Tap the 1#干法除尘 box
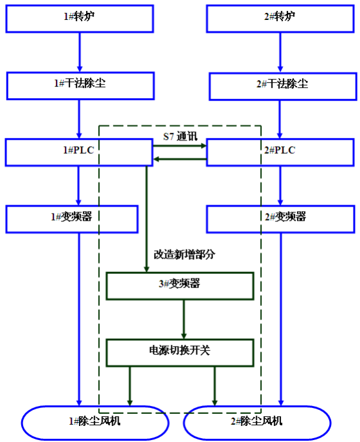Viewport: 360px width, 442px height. pos(80,85)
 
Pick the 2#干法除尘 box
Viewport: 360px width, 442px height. pos(282,85)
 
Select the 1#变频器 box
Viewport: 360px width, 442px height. pos(71,218)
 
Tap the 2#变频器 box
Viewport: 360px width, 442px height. pos(280,218)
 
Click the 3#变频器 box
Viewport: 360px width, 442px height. pos(180,286)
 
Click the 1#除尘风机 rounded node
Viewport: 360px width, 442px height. pos(95,422)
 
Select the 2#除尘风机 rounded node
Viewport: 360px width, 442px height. pos(257,422)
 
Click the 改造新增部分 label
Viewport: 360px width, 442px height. pos(184,254)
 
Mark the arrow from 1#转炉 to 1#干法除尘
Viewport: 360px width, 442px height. pos(80,52)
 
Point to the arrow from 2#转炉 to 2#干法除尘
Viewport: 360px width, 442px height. pos(280,52)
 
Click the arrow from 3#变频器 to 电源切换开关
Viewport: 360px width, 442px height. pos(184,319)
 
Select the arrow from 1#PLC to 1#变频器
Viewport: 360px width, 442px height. pos(78,185)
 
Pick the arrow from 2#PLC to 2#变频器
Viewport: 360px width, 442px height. pos(280,185)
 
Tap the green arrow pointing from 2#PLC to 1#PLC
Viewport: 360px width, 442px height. pos(180,159)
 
